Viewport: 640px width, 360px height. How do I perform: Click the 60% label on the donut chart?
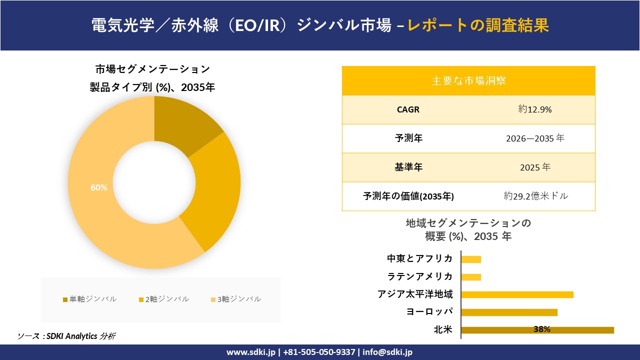pos(99,187)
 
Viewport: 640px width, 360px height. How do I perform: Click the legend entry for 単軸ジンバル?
pos(90,299)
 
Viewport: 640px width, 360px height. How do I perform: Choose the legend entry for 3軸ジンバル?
pos(235,299)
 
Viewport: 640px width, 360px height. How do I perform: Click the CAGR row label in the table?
pos(408,109)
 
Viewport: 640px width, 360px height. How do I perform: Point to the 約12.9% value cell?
pos(535,109)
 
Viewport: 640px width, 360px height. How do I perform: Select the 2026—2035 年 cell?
pos(535,138)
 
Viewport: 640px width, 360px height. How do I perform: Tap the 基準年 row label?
pos(408,167)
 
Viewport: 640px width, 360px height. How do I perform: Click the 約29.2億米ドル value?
pos(536,196)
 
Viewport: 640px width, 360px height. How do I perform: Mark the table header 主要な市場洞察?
pos(468,80)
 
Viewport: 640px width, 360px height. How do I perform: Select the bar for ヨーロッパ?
pos(509,312)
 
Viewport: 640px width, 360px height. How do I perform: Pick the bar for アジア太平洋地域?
pos(517,294)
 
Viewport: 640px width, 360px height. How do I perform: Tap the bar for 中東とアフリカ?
pos(471,259)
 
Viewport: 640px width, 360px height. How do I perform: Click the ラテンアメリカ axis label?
pos(420,276)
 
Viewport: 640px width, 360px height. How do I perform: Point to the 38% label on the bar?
pos(541,329)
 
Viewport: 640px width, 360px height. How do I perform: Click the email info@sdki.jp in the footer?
pos(387,352)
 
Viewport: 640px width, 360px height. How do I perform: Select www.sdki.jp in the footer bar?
pos(250,352)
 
